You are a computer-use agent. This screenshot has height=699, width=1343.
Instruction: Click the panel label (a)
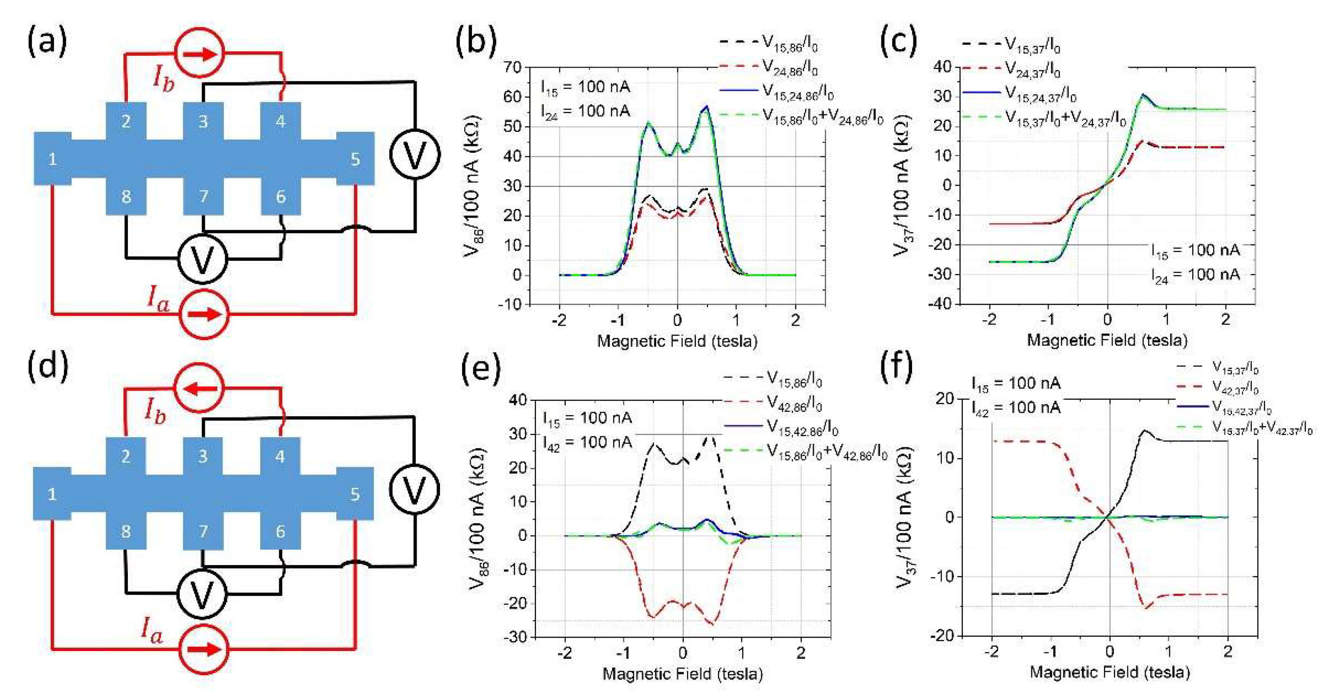(x=47, y=42)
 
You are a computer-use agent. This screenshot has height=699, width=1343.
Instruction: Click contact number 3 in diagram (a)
(x=203, y=121)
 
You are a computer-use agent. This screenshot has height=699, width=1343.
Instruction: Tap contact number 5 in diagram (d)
(x=355, y=494)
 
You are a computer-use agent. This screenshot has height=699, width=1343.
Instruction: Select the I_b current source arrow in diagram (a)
(x=201, y=53)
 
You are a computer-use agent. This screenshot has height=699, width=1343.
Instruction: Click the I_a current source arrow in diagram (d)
(x=203, y=649)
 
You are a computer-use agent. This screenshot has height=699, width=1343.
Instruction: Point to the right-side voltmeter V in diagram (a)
(x=415, y=155)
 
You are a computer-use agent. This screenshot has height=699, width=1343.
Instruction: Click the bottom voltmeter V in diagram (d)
(x=202, y=593)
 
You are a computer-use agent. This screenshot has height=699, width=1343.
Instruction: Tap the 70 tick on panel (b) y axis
(x=511, y=67)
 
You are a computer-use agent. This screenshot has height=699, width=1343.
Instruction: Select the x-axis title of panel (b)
(x=677, y=341)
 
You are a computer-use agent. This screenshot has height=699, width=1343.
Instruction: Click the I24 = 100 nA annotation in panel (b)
(x=585, y=111)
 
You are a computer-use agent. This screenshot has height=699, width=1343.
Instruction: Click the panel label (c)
(x=898, y=42)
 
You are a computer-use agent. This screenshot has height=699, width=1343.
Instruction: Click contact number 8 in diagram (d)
(x=126, y=531)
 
